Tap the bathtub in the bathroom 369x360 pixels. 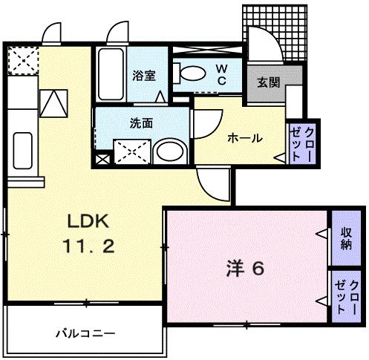pos(111,76)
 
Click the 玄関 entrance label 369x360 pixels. pos(268,82)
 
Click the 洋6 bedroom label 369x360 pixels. pos(244,268)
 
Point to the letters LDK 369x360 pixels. pos(89,220)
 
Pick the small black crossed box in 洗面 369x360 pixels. pos(102,157)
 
